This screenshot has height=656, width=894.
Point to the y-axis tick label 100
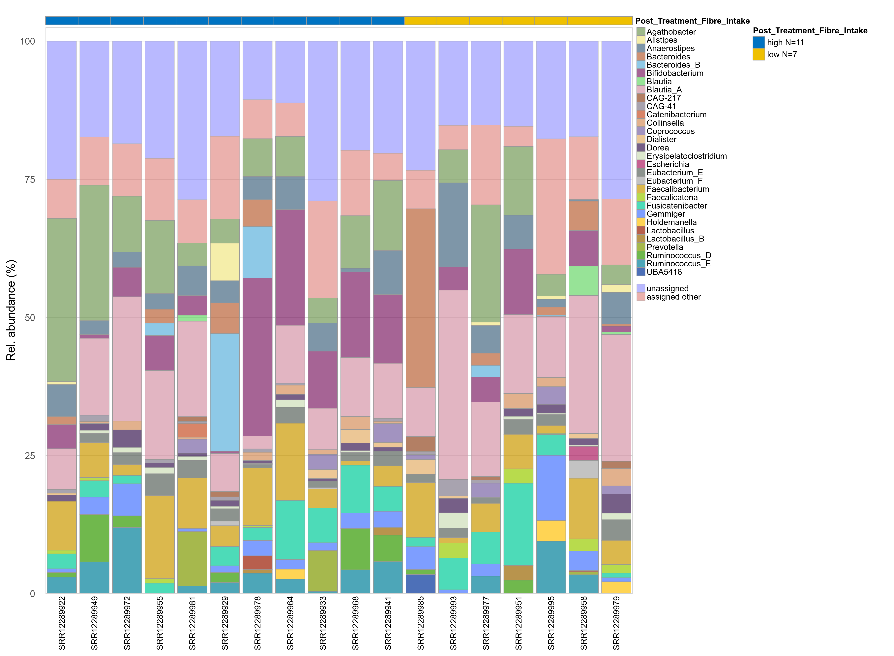(x=27, y=41)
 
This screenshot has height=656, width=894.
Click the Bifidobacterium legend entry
(x=674, y=73)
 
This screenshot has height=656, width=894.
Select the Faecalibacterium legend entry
(x=677, y=189)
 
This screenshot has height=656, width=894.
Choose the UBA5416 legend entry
(x=664, y=272)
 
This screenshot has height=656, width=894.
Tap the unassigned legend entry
(x=668, y=288)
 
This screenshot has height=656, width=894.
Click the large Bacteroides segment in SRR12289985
(x=421, y=298)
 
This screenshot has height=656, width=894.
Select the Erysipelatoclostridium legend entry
(x=686, y=156)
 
